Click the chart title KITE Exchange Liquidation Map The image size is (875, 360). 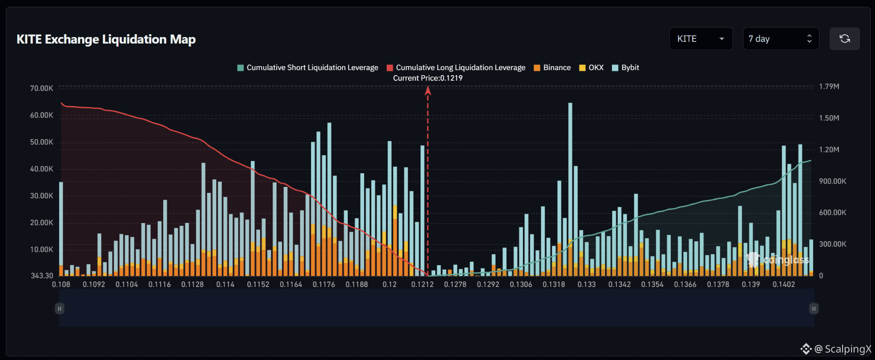(106, 39)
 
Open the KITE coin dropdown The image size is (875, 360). (701, 39)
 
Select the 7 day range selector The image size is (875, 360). (781, 39)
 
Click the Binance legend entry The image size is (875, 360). (552, 67)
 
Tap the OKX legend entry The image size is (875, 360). (591, 67)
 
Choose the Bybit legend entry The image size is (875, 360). (625, 67)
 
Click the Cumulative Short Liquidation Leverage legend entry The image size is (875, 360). (308, 67)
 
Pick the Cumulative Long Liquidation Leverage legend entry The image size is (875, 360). (456, 67)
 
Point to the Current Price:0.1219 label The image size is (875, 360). (428, 78)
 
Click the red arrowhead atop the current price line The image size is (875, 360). (428, 90)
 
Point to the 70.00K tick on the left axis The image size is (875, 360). (41, 88)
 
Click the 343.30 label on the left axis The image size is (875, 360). (42, 276)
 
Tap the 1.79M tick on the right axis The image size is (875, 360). (829, 87)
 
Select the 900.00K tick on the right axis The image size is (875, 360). (832, 181)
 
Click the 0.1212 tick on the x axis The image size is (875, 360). (422, 284)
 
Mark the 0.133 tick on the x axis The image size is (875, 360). (586, 284)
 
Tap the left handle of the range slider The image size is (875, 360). (59, 308)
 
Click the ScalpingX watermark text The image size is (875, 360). (848, 349)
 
